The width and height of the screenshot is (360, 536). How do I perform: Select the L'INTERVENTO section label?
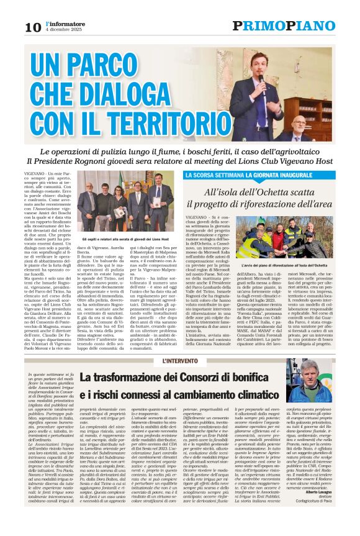click(x=180, y=361)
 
